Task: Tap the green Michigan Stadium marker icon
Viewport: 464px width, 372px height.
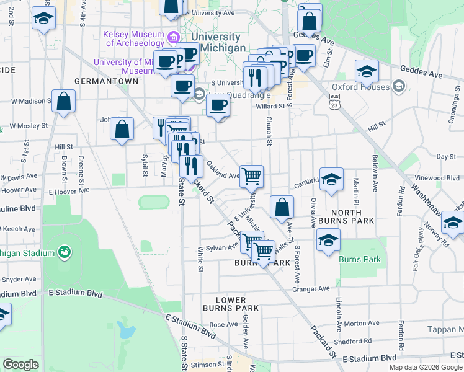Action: point(63,252)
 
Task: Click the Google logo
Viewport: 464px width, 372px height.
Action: point(20,365)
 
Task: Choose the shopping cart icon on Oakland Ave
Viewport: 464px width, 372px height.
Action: point(251,176)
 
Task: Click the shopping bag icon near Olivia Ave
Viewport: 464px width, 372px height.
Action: point(282,207)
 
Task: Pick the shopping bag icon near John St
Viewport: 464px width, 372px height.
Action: point(122,130)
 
